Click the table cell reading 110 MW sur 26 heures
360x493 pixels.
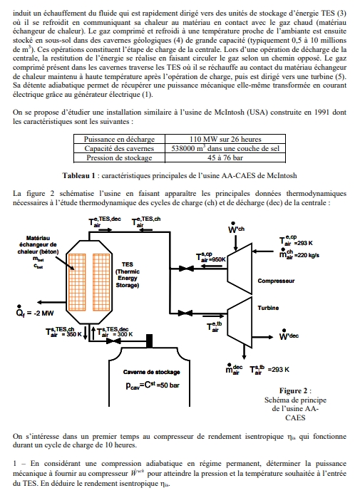click(x=226, y=140)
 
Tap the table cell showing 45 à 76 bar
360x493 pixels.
click(x=226, y=158)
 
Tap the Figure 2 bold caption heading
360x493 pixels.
click(x=294, y=390)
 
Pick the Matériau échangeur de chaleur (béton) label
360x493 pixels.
click(x=38, y=247)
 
